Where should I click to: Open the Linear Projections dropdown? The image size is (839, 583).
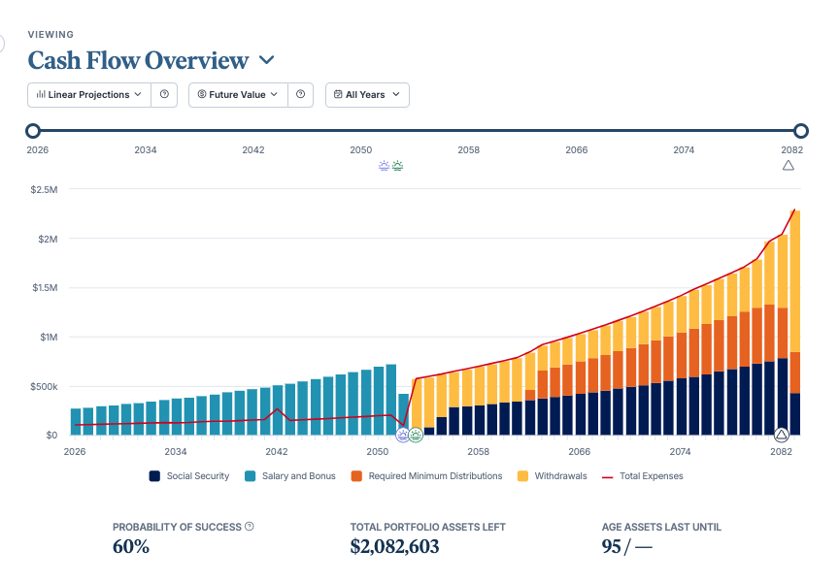pyautogui.click(x=89, y=95)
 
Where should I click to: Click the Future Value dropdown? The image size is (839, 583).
pyautogui.click(x=238, y=95)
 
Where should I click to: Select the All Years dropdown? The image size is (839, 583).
pyautogui.click(x=367, y=95)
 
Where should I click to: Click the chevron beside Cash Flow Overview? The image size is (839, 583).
pyautogui.click(x=266, y=60)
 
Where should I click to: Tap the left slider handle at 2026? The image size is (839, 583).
pyautogui.click(x=33, y=130)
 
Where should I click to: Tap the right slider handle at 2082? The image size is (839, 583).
pyautogui.click(x=800, y=130)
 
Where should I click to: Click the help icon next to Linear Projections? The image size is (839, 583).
pyautogui.click(x=164, y=95)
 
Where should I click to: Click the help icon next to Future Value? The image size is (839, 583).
pyautogui.click(x=301, y=95)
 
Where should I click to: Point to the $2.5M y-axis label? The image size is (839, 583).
pyautogui.click(x=44, y=190)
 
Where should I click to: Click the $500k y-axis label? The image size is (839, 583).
pyautogui.click(x=44, y=386)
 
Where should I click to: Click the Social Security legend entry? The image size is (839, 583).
pyautogui.click(x=189, y=476)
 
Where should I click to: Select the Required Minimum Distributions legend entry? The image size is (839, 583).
pyautogui.click(x=426, y=476)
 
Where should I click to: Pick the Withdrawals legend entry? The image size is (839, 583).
pyautogui.click(x=553, y=476)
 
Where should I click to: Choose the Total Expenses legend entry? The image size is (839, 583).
pyautogui.click(x=643, y=476)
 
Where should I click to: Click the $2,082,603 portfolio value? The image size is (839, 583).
pyautogui.click(x=394, y=547)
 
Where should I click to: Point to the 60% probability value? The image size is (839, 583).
pyautogui.click(x=130, y=547)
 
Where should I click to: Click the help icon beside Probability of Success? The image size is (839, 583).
pyautogui.click(x=250, y=527)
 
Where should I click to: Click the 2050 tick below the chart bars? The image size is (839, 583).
pyautogui.click(x=377, y=451)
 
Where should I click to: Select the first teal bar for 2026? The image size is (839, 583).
pyautogui.click(x=76, y=422)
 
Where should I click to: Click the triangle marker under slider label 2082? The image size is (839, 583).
pyautogui.click(x=789, y=166)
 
